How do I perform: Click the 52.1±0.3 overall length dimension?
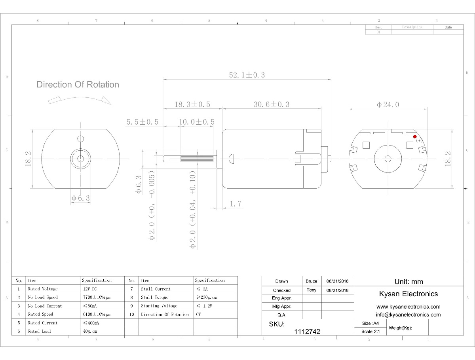tap(247, 75)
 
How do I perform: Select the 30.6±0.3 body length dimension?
tap(271, 104)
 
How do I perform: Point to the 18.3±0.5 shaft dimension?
tap(192, 104)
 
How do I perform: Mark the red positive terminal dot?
tap(415, 136)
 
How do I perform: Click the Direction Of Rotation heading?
tap(78, 84)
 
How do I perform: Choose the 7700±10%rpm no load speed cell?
tap(97, 297)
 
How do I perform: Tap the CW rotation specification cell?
tap(198, 315)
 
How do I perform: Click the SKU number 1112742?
tap(307, 332)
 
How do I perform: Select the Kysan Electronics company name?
tap(408, 294)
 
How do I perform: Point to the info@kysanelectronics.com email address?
tap(408, 315)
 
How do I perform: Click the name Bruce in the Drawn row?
tap(312, 281)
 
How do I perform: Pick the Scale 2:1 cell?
tap(370, 332)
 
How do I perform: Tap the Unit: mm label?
tap(408, 282)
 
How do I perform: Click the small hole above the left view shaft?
tap(81, 138)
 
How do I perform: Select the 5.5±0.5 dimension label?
tap(142, 122)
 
